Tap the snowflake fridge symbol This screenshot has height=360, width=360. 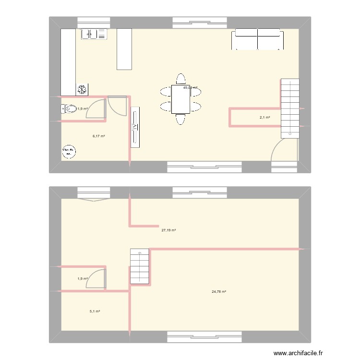point(82,89)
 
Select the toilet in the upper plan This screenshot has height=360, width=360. point(69,109)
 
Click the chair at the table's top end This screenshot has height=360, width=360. point(181,79)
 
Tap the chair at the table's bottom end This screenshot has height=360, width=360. point(181,119)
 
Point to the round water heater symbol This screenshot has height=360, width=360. point(69,152)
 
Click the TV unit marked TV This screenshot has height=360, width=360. point(135,127)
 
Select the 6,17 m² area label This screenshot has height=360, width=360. point(99,136)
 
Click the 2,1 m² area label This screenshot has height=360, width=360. point(264,118)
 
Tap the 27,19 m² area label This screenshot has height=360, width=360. point(168,230)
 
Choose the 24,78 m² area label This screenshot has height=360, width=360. point(219,291)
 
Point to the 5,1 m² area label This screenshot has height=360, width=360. point(95,311)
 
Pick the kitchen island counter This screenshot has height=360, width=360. point(124,48)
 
